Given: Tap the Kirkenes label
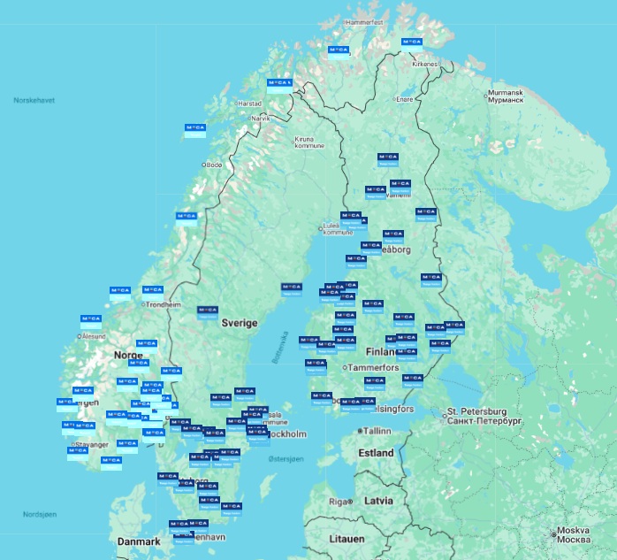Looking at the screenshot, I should pyautogui.click(x=425, y=64).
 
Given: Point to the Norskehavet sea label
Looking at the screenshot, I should pyautogui.click(x=34, y=100).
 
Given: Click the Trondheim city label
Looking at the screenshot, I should pyautogui.click(x=163, y=304).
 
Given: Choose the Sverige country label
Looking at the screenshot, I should pyautogui.click(x=239, y=323).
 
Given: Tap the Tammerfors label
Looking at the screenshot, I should pyautogui.click(x=374, y=367).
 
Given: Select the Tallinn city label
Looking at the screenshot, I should pyautogui.click(x=376, y=431).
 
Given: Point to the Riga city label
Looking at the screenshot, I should pyautogui.click(x=340, y=502).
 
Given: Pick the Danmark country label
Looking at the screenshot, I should pyautogui.click(x=139, y=541).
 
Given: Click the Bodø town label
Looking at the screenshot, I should pyautogui.click(x=214, y=165).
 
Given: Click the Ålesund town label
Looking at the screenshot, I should pyautogui.click(x=93, y=336).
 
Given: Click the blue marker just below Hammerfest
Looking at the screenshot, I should pyautogui.click(x=337, y=50).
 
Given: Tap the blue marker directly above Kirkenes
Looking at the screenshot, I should pyautogui.click(x=411, y=42).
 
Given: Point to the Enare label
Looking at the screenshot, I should pyautogui.click(x=404, y=99).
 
